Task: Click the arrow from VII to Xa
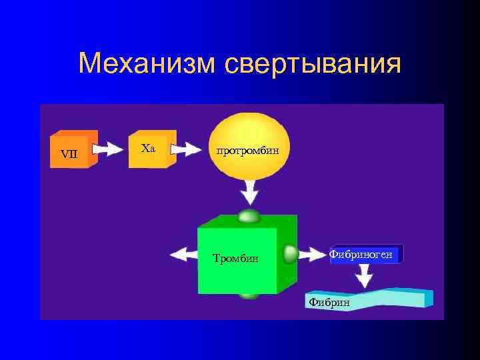click(109, 149)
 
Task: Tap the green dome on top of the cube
click(249, 216)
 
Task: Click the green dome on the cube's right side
click(290, 254)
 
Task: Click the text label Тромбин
click(235, 258)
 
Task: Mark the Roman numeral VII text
click(69, 154)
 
